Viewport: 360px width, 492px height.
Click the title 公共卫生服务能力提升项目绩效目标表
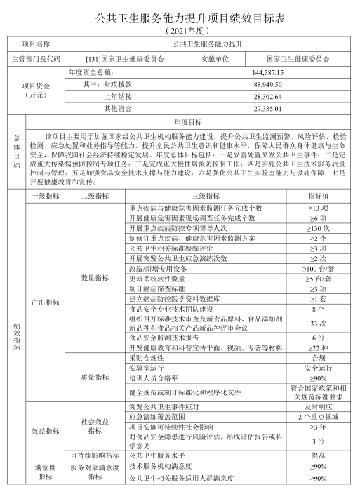click(180, 19)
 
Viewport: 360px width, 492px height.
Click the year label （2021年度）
click(180, 32)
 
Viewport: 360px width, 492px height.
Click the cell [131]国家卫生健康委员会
click(123, 59)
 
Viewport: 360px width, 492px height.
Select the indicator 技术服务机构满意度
click(161, 465)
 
